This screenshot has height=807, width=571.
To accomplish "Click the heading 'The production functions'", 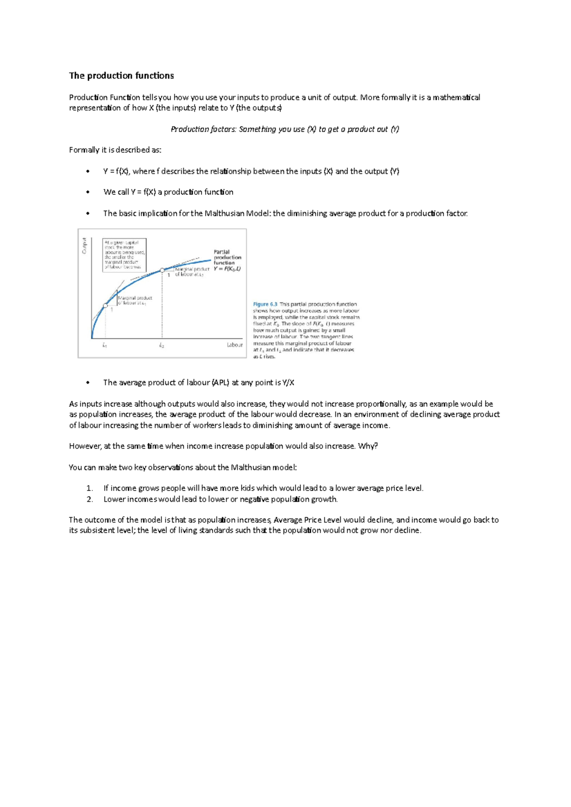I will [x=121, y=76].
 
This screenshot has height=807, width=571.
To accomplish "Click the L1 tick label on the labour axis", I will [x=105, y=346].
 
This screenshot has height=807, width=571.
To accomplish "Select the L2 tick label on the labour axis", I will [x=162, y=346].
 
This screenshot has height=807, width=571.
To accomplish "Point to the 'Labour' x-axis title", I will [x=235, y=345].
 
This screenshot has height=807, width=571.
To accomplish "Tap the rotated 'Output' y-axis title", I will [x=84, y=246].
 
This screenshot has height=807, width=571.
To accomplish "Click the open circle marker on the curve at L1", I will [x=105, y=306].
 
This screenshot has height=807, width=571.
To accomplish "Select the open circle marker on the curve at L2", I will [x=162, y=270].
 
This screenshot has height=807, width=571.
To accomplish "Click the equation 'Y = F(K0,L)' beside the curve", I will [x=227, y=269].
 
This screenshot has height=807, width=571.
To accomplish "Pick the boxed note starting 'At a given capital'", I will [x=124, y=255].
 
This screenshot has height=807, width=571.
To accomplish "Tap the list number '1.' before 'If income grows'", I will [x=89, y=488].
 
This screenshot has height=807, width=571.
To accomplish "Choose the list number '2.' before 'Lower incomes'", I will [x=89, y=499].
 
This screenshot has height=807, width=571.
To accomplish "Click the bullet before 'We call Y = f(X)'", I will [x=88, y=192].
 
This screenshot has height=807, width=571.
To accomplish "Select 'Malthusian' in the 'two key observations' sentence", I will [x=250, y=467].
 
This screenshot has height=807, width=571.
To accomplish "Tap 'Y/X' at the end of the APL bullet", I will [x=288, y=383].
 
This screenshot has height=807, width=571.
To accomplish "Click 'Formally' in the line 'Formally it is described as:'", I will [x=84, y=150].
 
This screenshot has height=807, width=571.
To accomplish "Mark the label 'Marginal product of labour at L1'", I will [x=135, y=300].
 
